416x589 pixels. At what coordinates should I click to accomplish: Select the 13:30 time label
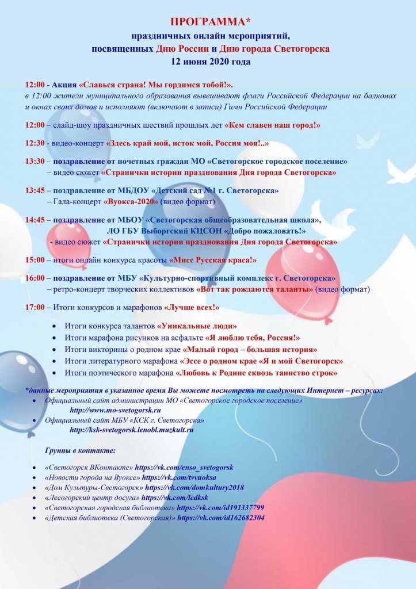pos(35,162)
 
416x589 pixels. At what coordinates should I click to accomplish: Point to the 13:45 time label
pos(35,190)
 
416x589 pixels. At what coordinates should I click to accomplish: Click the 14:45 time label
pos(35,220)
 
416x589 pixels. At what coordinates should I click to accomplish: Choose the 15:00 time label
pos(35,260)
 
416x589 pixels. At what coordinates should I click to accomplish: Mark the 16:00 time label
pos(35,278)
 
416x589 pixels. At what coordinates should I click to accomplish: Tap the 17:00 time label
pos(35,307)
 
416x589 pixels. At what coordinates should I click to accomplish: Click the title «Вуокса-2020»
pos(131,202)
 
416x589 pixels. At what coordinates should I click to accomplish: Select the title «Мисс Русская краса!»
pos(213,260)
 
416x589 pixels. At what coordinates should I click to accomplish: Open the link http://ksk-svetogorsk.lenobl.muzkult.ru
pos(131,429)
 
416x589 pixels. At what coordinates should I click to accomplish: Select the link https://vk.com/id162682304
pos(221,518)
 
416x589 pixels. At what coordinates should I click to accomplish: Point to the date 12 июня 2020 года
pos(211,60)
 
